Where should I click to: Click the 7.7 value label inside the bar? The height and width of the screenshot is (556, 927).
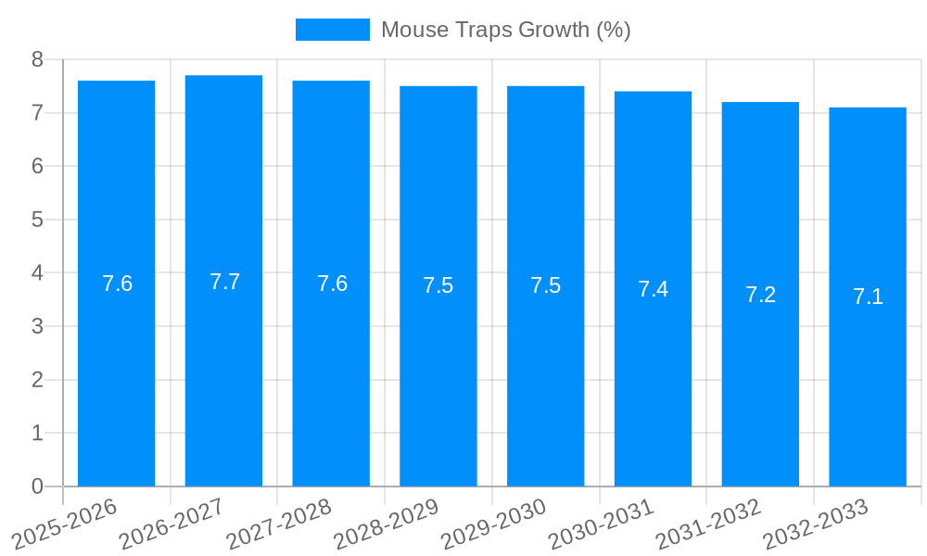(x=224, y=282)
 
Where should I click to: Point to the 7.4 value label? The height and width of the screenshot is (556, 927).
(x=653, y=289)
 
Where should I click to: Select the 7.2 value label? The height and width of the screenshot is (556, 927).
(x=760, y=295)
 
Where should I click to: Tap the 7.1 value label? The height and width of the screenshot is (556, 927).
(x=868, y=297)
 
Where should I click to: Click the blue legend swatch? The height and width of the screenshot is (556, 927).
(x=332, y=30)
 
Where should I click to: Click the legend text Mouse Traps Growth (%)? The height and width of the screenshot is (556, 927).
(x=505, y=30)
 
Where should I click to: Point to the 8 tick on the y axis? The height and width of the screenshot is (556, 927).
(x=37, y=59)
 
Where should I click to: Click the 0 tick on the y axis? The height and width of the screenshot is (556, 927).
(x=37, y=486)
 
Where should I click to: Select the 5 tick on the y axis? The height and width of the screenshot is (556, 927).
(x=37, y=220)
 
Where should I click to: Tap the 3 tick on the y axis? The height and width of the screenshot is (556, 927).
(x=37, y=326)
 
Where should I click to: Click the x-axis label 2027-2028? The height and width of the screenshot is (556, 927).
(x=278, y=524)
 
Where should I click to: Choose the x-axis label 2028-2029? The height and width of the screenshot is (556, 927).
(x=386, y=524)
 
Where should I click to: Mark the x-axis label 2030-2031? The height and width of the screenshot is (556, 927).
(x=601, y=524)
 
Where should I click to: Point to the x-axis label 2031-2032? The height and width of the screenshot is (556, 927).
(x=708, y=524)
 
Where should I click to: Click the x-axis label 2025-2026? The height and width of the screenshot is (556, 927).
(x=64, y=524)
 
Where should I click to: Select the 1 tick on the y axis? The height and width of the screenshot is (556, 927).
(x=37, y=433)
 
